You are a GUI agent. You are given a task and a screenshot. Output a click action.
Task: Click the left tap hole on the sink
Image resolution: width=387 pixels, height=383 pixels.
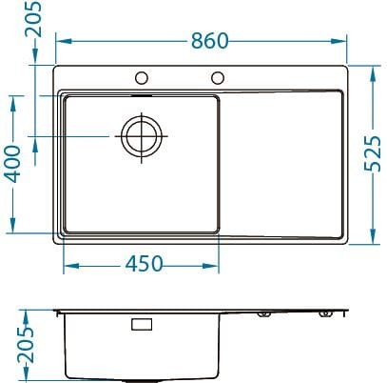(142, 77)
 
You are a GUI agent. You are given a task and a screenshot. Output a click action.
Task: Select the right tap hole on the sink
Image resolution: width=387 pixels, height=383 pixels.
(218, 77)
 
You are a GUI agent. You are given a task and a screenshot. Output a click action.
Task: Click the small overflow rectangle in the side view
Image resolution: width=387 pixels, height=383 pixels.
(141, 325)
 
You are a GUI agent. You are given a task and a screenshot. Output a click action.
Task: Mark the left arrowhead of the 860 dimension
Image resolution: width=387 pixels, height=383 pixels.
(58, 41)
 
